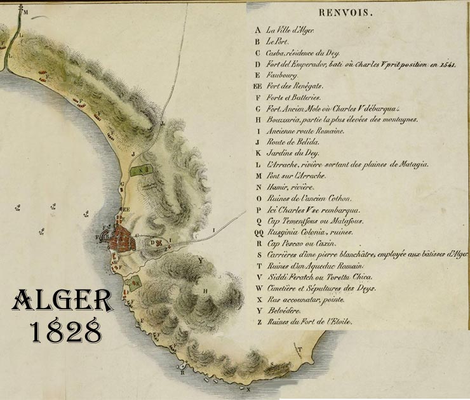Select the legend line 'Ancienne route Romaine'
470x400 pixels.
tap(305, 131)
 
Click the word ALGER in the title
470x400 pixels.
tap(62, 301)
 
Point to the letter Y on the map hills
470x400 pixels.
tap(199, 259)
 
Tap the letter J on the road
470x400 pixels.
tap(133, 153)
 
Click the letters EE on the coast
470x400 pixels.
tap(126, 209)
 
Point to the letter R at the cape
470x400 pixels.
tap(182, 373)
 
